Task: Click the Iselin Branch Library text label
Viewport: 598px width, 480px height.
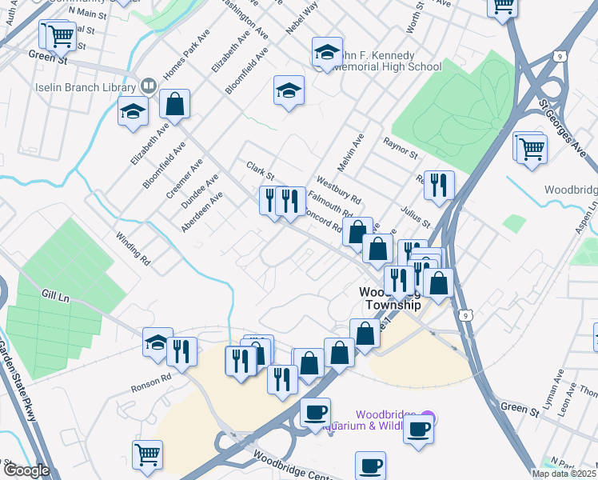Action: pyautogui.click(x=86, y=86)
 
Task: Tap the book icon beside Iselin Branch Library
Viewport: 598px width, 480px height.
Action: pyautogui.click(x=148, y=86)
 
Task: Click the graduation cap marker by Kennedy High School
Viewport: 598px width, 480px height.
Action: pyautogui.click(x=327, y=52)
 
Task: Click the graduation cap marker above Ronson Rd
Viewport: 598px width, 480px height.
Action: pyautogui.click(x=157, y=343)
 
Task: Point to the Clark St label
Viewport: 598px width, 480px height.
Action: pyautogui.click(x=260, y=169)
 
